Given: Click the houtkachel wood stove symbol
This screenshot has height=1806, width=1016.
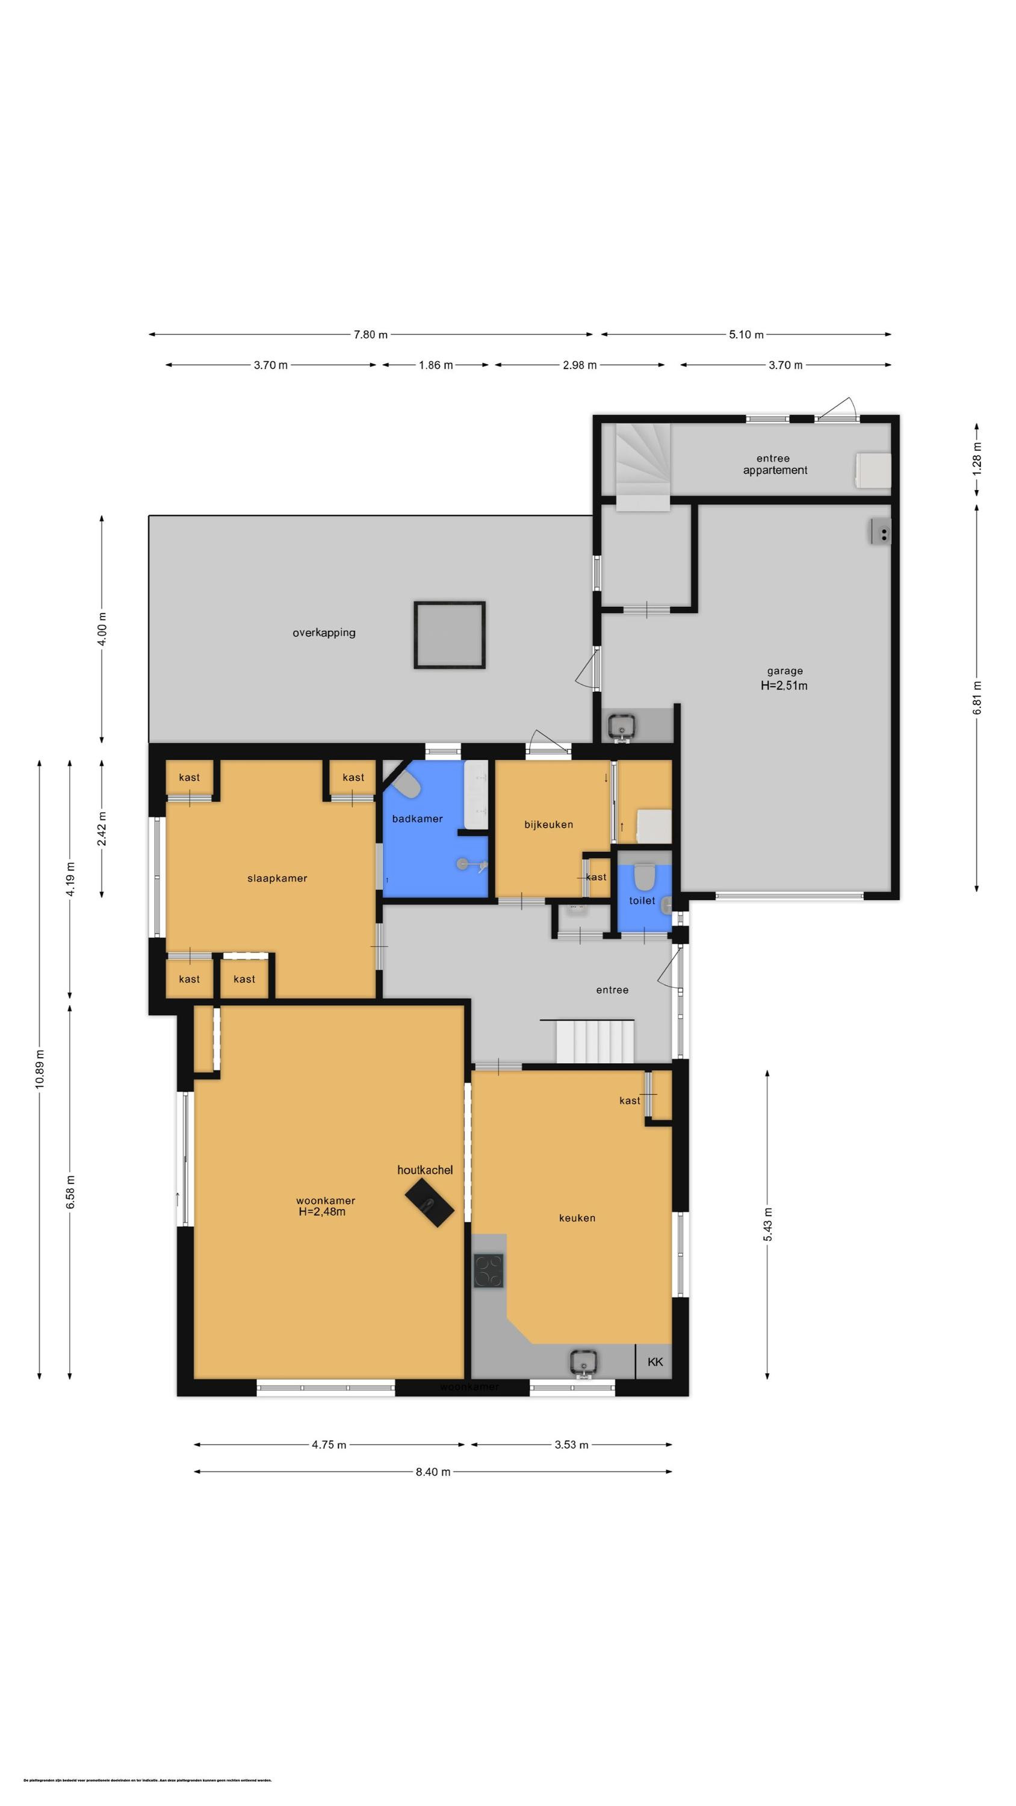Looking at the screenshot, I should [x=429, y=1202].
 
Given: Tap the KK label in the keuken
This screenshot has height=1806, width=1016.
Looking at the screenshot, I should [x=654, y=1362].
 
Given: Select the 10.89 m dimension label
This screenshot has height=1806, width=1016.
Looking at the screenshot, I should [x=40, y=1069].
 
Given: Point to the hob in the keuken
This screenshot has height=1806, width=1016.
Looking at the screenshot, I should [x=488, y=1270].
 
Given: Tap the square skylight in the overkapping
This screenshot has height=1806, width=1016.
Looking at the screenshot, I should [x=449, y=635].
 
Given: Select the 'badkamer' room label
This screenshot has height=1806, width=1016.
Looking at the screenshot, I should [x=417, y=818].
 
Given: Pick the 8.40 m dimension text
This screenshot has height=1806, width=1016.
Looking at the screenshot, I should [x=433, y=1471].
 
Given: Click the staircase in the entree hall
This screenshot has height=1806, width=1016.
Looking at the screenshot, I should [x=595, y=1041].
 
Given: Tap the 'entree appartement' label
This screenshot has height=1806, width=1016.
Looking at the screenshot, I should [x=774, y=464].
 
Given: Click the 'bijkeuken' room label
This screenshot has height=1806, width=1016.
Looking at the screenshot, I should [x=548, y=825].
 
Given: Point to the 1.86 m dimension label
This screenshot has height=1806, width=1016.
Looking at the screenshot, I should [x=435, y=365].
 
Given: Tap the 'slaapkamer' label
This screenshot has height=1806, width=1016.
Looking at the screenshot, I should [x=277, y=878].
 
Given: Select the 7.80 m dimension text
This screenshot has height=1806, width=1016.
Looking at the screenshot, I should [x=370, y=335].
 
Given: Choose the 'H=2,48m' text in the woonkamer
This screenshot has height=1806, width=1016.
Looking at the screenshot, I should [x=322, y=1211].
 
